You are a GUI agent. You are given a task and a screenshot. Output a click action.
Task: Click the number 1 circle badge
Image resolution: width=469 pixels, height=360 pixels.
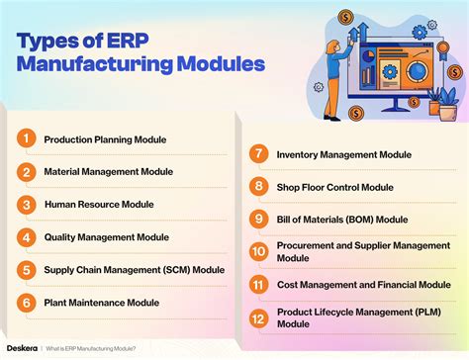pyautogui.click(x=26, y=139)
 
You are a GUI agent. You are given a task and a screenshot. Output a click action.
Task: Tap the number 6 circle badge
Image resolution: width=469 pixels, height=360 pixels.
pyautogui.click(x=26, y=302)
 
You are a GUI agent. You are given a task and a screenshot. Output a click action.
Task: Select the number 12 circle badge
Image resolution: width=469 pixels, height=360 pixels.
pyautogui.click(x=258, y=317)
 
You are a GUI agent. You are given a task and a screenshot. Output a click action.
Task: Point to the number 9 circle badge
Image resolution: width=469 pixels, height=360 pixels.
pyautogui.click(x=258, y=219)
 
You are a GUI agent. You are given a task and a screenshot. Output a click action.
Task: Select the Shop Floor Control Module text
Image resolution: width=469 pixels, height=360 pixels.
pyautogui.click(x=335, y=186)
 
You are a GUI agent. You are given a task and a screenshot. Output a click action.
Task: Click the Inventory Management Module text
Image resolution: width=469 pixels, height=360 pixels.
pyautogui.click(x=343, y=154)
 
